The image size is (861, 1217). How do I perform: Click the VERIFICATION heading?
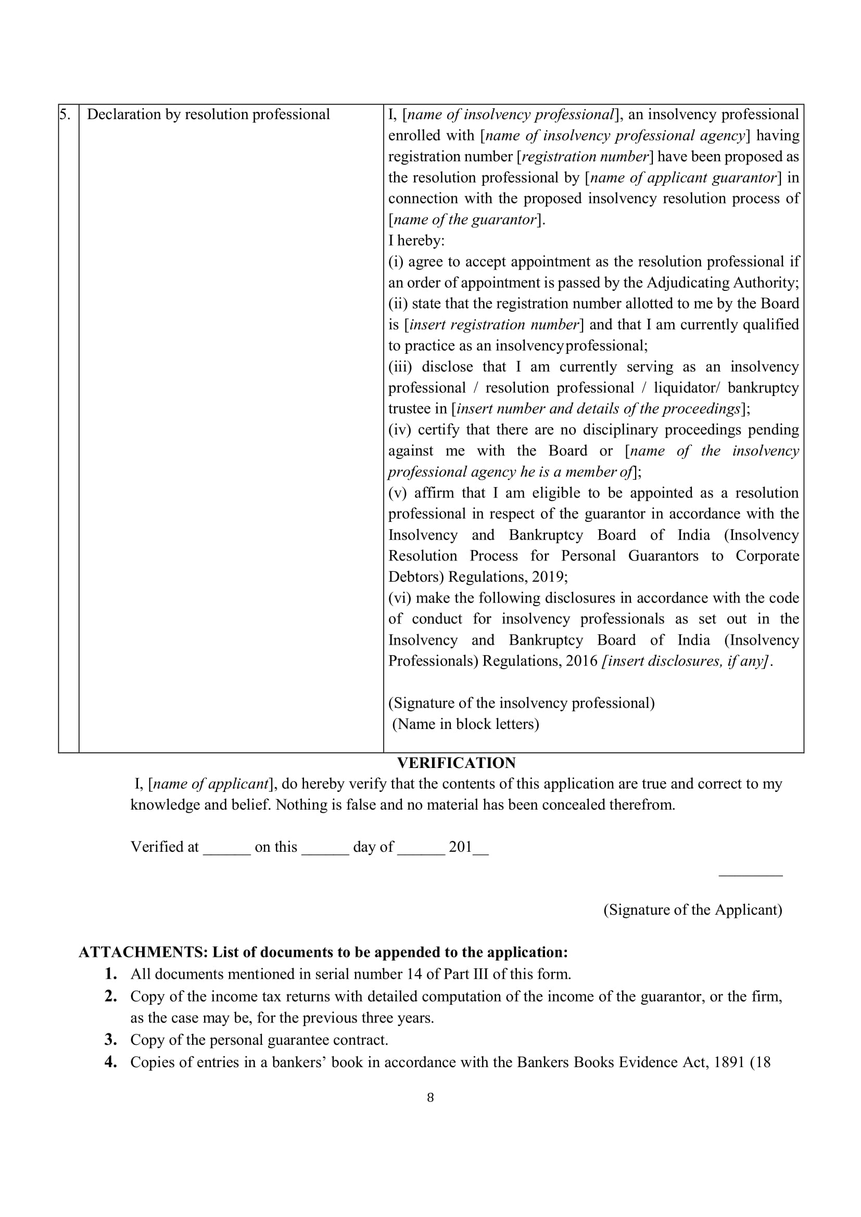[456, 763]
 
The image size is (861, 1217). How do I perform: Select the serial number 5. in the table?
[65, 114]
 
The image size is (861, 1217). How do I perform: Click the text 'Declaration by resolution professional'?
[208, 114]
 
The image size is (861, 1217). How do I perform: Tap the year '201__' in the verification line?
[468, 847]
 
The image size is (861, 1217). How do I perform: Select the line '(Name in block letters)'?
[465, 724]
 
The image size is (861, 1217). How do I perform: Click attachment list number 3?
[110, 1040]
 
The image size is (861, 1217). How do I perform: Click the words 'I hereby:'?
[416, 241]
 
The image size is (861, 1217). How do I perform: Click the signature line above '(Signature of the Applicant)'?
[750, 876]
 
